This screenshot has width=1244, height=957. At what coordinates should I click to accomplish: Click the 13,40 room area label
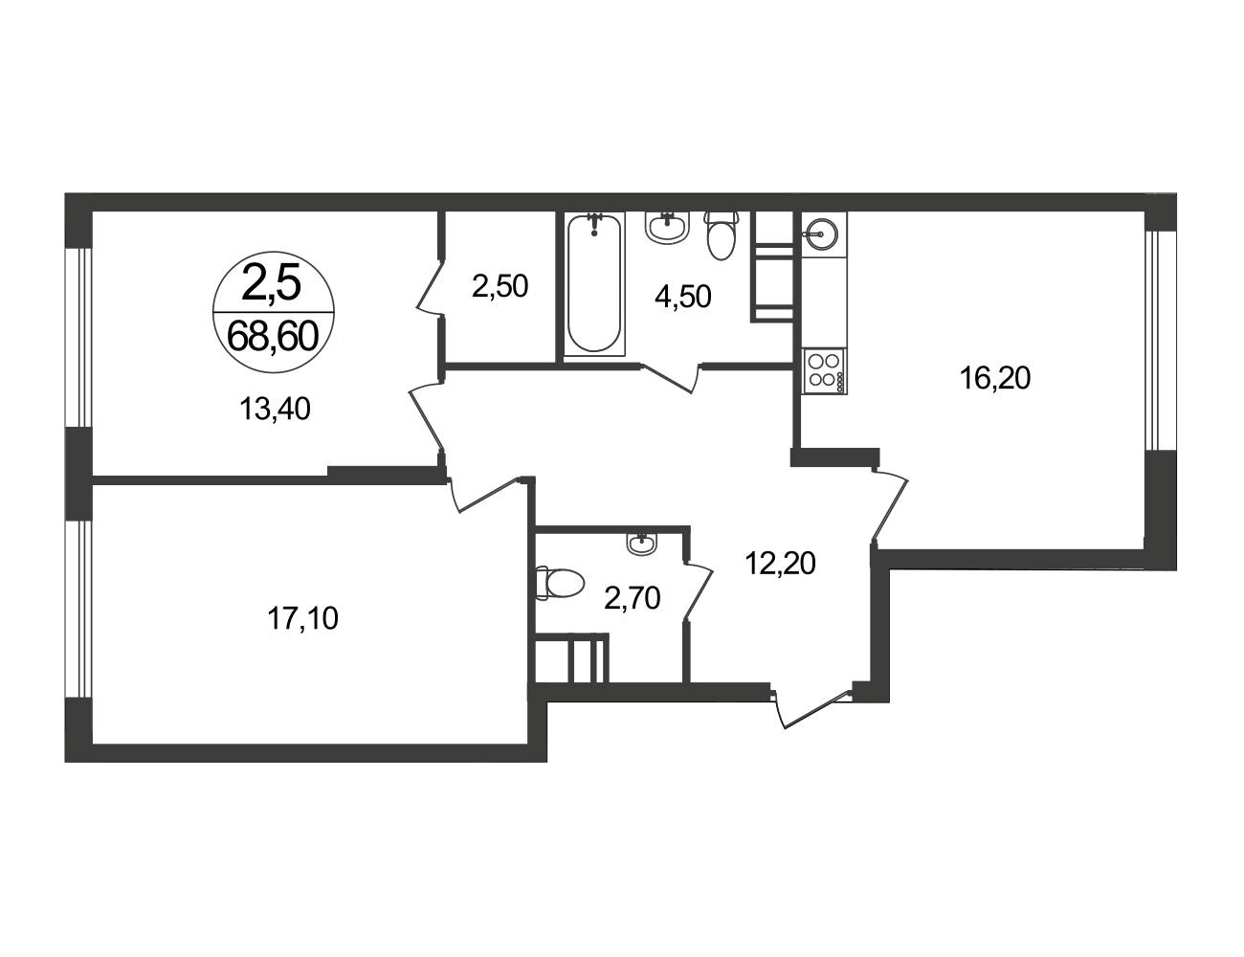[275, 410]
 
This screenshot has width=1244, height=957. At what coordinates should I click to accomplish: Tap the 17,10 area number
[302, 619]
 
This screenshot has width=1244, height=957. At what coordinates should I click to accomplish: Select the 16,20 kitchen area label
[995, 378]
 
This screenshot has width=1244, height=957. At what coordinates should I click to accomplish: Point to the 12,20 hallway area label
[780, 564]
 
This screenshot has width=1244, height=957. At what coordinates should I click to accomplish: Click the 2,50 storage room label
[500, 286]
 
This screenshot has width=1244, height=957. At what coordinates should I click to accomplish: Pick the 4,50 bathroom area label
[683, 297]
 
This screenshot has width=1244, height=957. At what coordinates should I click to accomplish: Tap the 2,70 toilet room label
[633, 599]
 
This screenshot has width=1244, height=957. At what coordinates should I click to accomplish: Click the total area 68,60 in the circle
[273, 336]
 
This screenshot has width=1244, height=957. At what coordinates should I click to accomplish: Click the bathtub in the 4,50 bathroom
[595, 284]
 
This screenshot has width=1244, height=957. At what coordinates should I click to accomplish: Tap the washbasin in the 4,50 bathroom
[667, 227]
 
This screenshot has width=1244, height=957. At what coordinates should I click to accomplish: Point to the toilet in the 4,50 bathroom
[721, 235]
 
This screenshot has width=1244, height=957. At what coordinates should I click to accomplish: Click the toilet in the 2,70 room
[559, 583]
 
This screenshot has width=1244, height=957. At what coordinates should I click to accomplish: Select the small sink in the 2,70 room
[642, 542]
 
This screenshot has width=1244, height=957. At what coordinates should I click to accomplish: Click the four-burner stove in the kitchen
[824, 371]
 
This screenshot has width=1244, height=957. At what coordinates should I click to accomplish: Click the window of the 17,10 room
[79, 609]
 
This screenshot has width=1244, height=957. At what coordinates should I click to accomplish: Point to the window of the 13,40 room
[79, 338]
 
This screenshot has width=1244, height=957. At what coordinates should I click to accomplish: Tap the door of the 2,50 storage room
[431, 287]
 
